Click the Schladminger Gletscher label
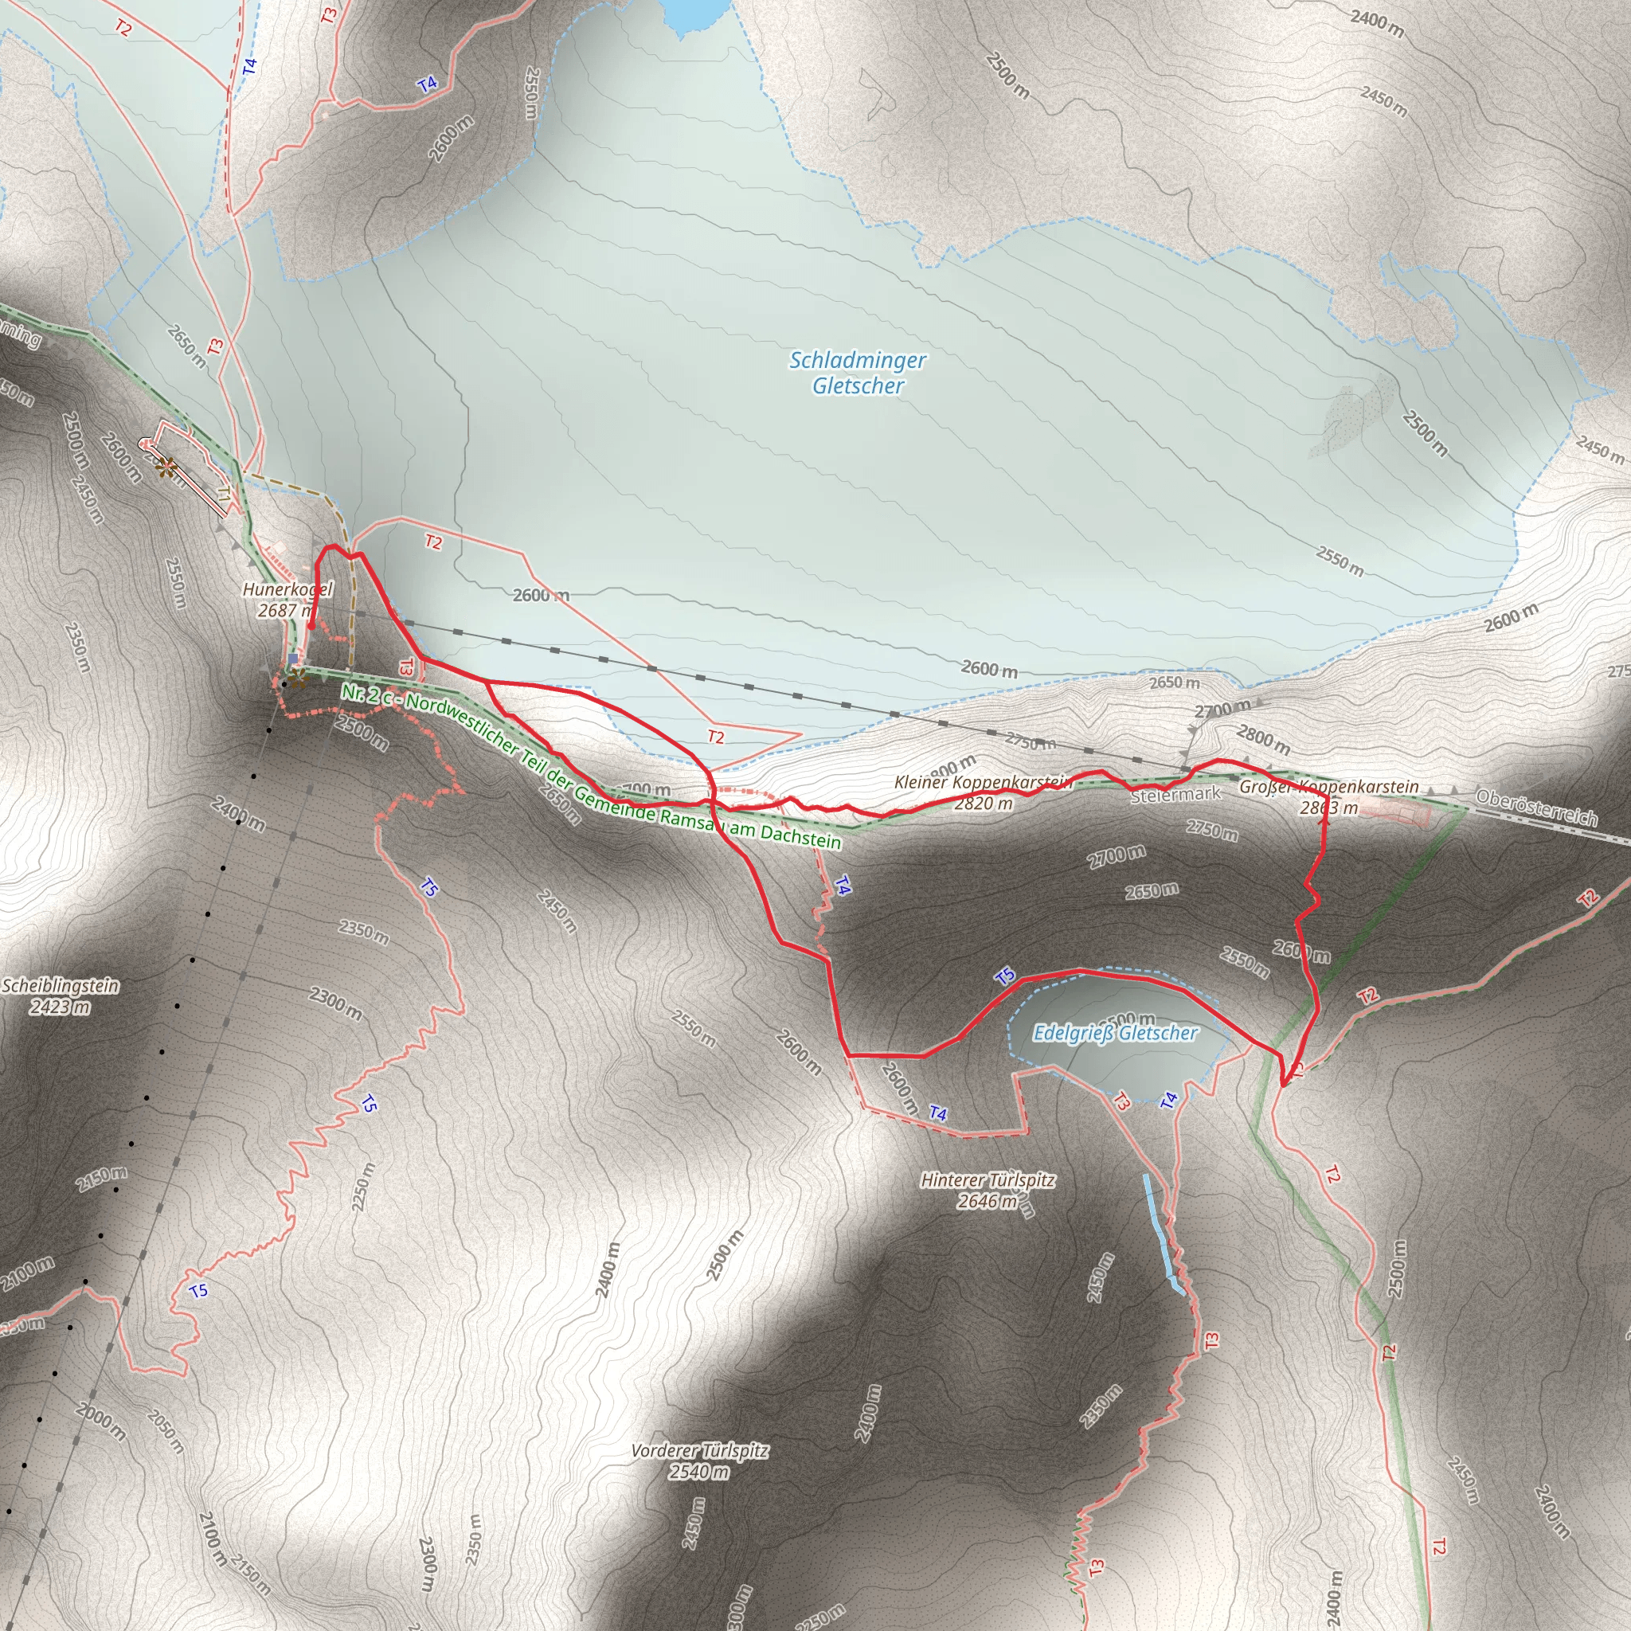pos(858,372)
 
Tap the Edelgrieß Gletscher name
pos(1115,1033)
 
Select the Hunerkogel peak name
pos(287,589)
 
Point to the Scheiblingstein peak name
pos(61,986)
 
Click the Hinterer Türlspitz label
pos(988,1179)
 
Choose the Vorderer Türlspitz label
pos(700,1451)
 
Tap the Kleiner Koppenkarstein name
pos(983,783)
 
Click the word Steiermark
pos(1175,794)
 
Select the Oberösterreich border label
pos(1536,807)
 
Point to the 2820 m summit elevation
pos(983,804)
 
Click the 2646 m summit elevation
pos(987,1200)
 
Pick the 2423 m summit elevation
pos(60,1007)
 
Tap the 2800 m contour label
pos(1263,741)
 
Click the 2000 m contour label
pos(100,1421)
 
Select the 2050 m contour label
pos(165,1431)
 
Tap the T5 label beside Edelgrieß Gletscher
pos(1004,976)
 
